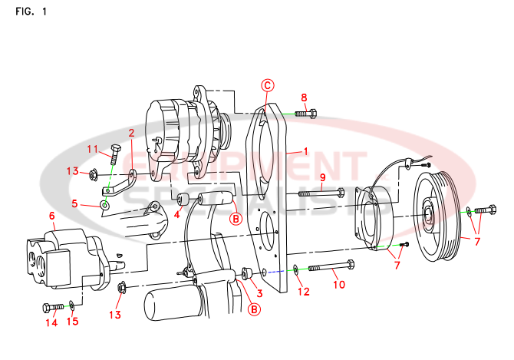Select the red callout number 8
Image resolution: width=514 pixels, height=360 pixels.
pyautogui.click(x=304, y=97)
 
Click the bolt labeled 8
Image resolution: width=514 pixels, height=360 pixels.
pyautogui.click(x=305, y=114)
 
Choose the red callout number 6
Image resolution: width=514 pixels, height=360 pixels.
pyautogui.click(x=52, y=216)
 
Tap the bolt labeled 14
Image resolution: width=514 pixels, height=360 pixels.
pyautogui.click(x=54, y=307)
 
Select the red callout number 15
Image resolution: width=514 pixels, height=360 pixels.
pyautogui.click(x=73, y=321)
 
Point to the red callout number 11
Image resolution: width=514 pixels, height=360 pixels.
pyautogui.click(x=92, y=149)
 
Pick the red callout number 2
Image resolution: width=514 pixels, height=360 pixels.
pyautogui.click(x=131, y=133)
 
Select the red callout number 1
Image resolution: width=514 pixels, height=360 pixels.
pyautogui.click(x=305, y=151)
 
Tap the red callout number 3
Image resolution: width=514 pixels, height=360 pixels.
pyautogui.click(x=259, y=292)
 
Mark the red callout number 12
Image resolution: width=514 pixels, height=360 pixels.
pyautogui.click(x=304, y=292)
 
